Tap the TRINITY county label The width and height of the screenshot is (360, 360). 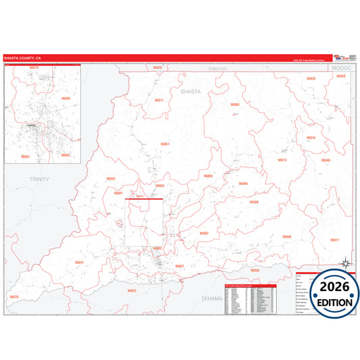[40, 178]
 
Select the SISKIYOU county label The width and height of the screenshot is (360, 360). [220, 68]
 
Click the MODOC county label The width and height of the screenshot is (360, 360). [338, 69]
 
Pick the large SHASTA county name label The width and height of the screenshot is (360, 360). [191, 90]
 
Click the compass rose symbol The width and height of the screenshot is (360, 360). [344, 263]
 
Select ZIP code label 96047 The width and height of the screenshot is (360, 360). [79, 262]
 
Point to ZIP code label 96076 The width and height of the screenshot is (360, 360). [14, 297]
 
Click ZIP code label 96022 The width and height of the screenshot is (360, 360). [132, 290]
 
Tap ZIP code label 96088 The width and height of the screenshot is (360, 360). [286, 236]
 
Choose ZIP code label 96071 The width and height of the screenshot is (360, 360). [334, 240]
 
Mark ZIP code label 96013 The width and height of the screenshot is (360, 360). [282, 160]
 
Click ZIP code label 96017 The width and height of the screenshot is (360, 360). [159, 100]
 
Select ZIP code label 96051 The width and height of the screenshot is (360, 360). [165, 144]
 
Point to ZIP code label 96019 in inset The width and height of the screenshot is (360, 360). [34, 68]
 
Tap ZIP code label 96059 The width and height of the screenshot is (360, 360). [255, 270]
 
